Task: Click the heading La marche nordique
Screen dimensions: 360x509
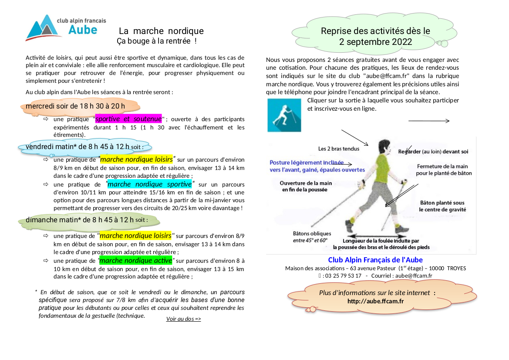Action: coord(161,31)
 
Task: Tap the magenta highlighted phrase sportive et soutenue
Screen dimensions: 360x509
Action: coord(128,119)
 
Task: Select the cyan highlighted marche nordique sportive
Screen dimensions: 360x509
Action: coord(149,184)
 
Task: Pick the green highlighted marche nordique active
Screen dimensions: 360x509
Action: coord(136,261)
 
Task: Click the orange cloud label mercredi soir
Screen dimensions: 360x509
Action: coord(75,106)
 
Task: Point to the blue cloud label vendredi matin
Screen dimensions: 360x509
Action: coord(78,146)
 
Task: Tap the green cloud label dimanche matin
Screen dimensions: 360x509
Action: coord(80,220)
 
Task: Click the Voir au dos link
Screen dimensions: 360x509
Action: coord(183,319)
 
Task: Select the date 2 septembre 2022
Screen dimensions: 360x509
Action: coord(375,42)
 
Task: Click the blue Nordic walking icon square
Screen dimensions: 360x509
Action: coord(284,115)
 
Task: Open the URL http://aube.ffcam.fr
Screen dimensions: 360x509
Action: coord(375,301)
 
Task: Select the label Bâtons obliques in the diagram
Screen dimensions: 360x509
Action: coord(312,234)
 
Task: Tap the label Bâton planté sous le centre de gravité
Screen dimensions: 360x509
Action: coord(442,206)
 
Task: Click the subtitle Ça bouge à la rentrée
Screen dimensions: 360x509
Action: coord(156,41)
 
